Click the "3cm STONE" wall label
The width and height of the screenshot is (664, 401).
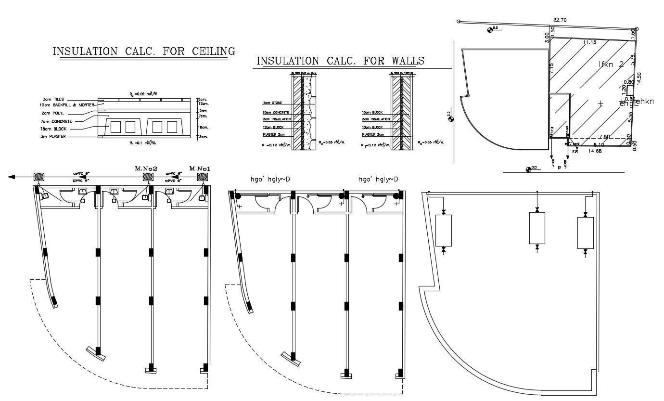(272, 103)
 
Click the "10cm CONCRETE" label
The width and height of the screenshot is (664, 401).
(276, 112)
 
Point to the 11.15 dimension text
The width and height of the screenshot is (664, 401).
(589, 42)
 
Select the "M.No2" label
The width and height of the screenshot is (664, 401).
(147, 168)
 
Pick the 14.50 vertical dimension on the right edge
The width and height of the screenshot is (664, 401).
(639, 78)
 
